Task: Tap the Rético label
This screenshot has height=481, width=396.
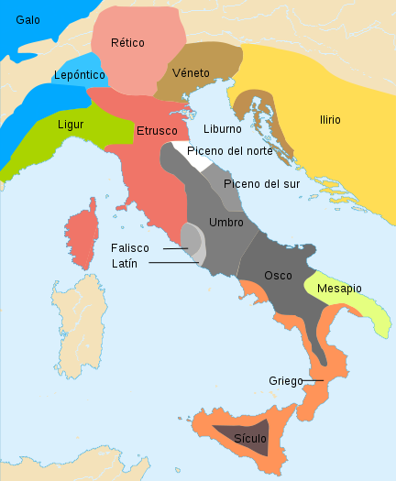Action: [x=127, y=42]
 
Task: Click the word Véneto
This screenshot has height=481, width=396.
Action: [x=191, y=72]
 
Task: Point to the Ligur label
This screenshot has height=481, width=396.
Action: [x=71, y=123]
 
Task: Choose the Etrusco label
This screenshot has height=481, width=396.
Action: [x=157, y=131]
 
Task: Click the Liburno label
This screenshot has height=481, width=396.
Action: [x=223, y=129]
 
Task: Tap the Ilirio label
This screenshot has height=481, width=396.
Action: [x=330, y=120]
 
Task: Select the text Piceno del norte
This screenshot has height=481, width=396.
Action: [x=229, y=150]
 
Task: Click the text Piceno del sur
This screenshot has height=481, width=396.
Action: [x=262, y=183]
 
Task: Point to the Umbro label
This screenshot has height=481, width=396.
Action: [x=226, y=223]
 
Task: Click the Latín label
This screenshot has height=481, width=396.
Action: [x=125, y=263]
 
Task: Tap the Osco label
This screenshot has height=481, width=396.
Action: [x=278, y=275]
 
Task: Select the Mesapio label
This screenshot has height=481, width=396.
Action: [x=339, y=289]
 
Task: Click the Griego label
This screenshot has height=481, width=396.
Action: [x=286, y=380]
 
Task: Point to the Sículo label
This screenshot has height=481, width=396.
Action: [x=249, y=439]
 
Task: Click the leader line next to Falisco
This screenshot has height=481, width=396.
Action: [x=176, y=248]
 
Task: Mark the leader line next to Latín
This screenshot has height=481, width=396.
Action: [x=172, y=263]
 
